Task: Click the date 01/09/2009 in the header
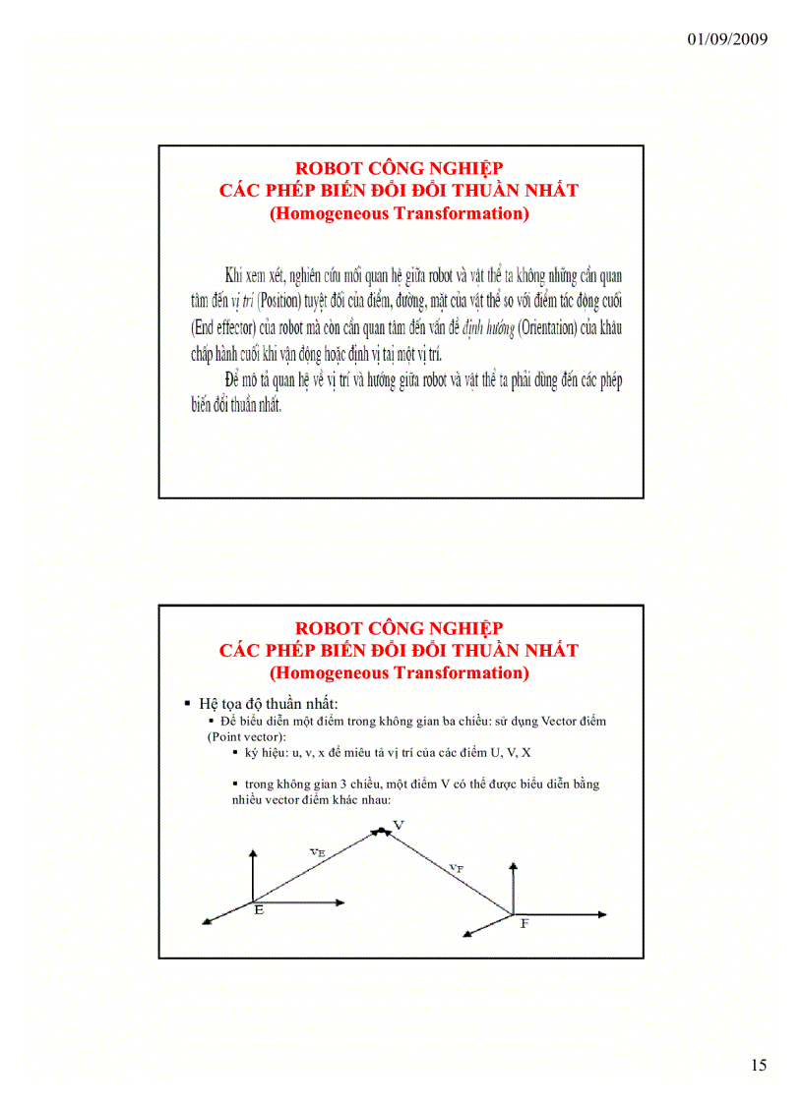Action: (x=727, y=39)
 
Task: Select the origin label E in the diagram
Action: (x=259, y=910)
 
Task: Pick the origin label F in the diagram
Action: (x=525, y=925)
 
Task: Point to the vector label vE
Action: (x=316, y=852)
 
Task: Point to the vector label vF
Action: (x=457, y=867)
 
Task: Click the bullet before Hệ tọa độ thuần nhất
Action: (x=187, y=704)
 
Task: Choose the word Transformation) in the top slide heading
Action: (x=461, y=213)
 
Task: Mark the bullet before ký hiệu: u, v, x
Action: (x=236, y=751)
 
